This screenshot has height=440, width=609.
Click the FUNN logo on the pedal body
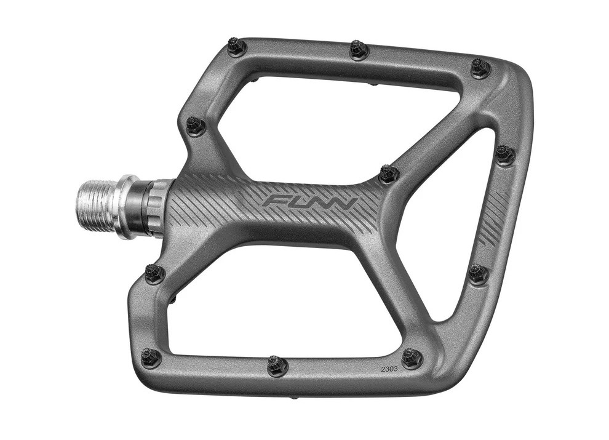[309, 202]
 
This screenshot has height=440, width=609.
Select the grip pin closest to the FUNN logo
[389, 174]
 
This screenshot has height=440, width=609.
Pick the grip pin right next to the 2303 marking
[412, 358]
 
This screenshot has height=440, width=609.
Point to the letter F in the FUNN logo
[274, 201]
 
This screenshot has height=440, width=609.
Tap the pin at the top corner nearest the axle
[237, 47]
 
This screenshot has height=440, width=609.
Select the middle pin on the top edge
[359, 50]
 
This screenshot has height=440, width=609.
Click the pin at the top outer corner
[480, 68]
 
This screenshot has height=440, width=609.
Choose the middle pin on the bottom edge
[277, 366]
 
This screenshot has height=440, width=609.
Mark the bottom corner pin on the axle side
[151, 357]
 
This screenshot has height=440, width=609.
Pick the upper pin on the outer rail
[505, 154]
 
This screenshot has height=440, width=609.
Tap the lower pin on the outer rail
[478, 273]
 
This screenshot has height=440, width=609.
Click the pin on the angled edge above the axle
[196, 125]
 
